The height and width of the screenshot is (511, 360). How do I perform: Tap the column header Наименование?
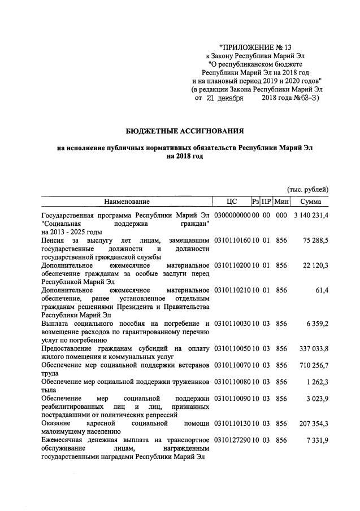[127, 202]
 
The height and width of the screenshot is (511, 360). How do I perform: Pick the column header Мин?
[281, 202]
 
